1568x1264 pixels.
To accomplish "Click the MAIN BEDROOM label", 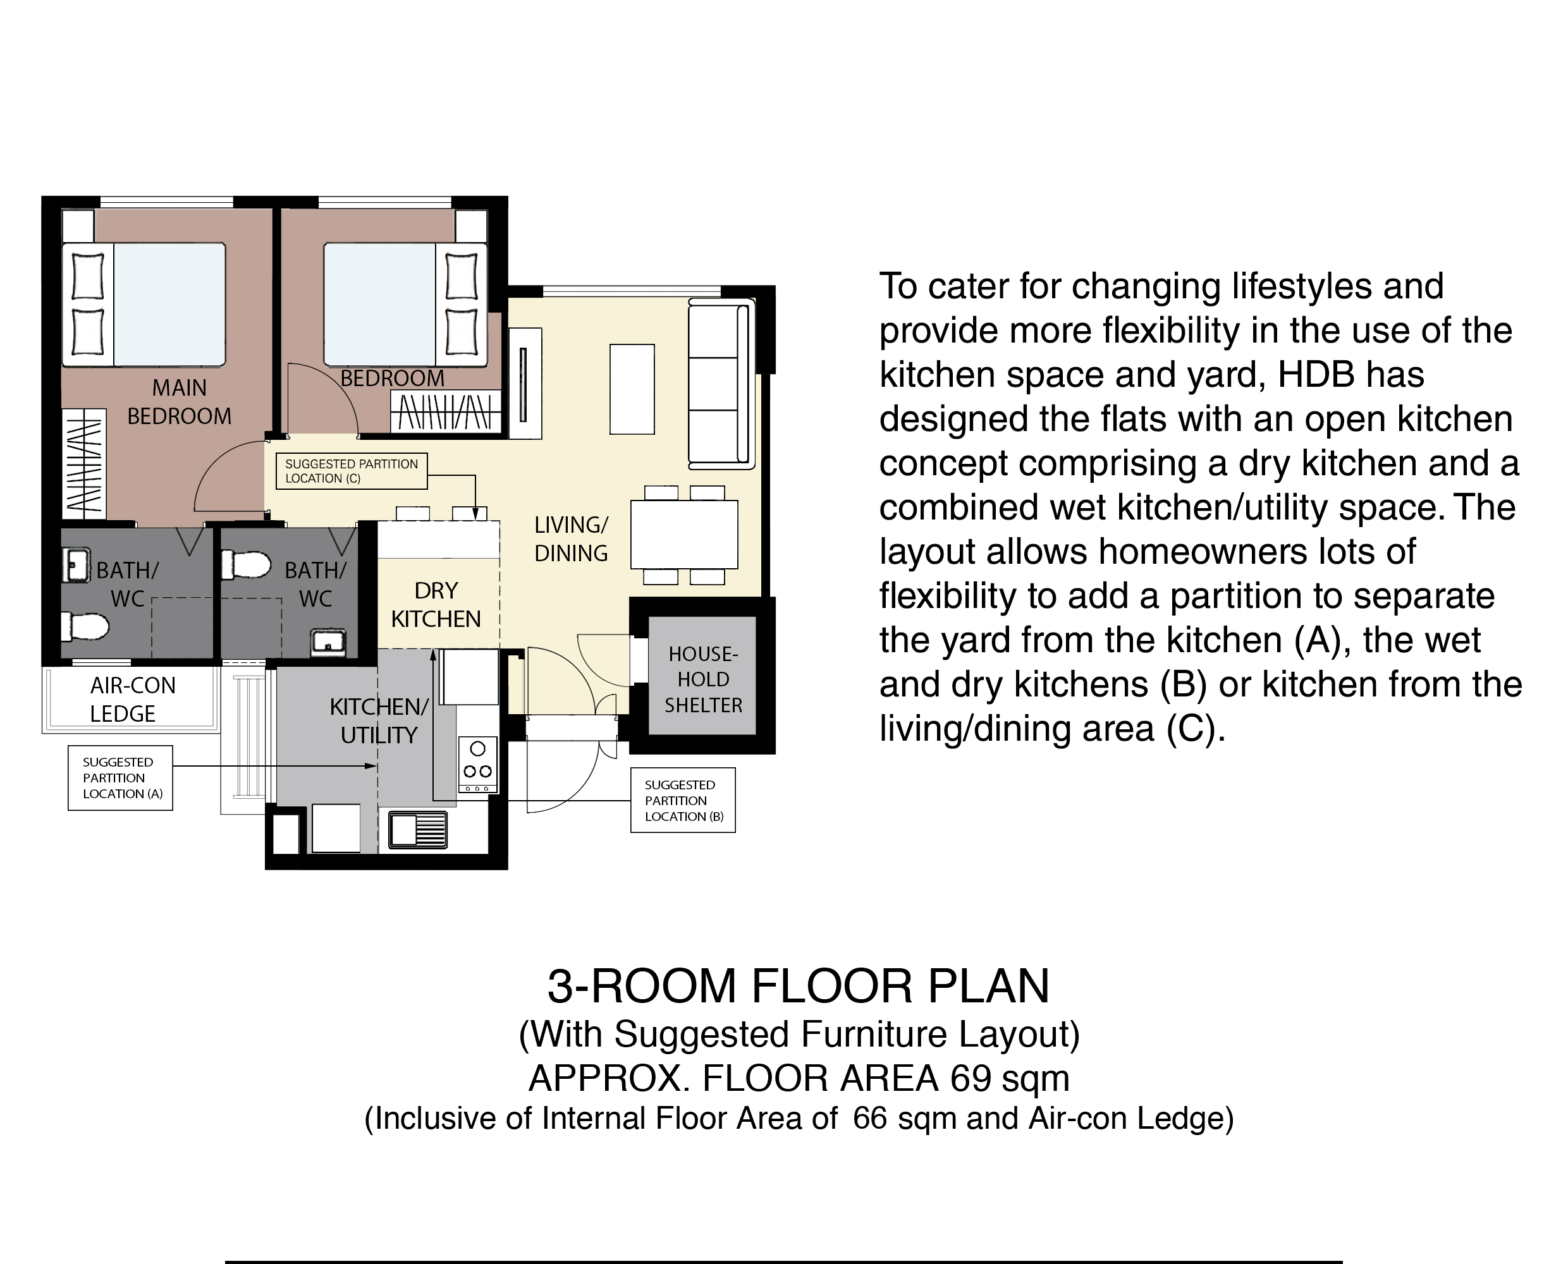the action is [x=179, y=402].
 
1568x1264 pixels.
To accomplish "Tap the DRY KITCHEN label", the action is [x=436, y=604].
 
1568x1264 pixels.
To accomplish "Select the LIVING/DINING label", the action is [x=571, y=539].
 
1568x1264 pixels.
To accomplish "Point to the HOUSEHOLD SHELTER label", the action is [x=704, y=679].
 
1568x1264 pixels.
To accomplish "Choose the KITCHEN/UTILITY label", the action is [x=379, y=721].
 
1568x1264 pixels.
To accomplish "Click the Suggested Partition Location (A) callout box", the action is [x=120, y=777].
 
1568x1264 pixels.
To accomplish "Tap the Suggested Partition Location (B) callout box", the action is [x=683, y=800].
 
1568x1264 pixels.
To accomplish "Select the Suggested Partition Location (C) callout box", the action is [x=351, y=471].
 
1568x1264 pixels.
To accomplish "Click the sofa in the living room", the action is [x=721, y=384].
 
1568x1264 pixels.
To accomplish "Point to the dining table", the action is [x=684, y=535].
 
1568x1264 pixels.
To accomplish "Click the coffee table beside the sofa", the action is [x=632, y=389].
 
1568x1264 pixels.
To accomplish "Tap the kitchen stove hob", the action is [x=478, y=765].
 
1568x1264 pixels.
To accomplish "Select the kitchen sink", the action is [x=418, y=830].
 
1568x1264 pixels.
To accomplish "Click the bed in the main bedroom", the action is [x=144, y=305].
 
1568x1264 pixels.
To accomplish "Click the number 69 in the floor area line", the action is [x=970, y=1078].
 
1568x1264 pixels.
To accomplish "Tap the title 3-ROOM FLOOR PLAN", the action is [x=798, y=987].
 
